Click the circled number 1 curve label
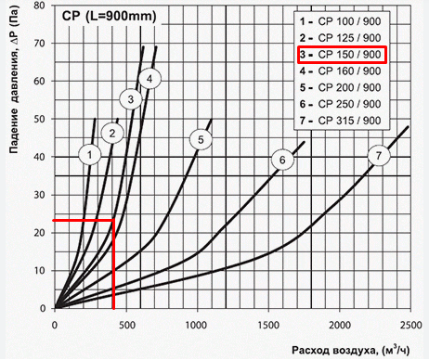click(89, 152)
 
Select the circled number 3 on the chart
click(131, 98)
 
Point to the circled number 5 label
click(200, 139)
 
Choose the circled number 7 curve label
click(376, 156)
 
